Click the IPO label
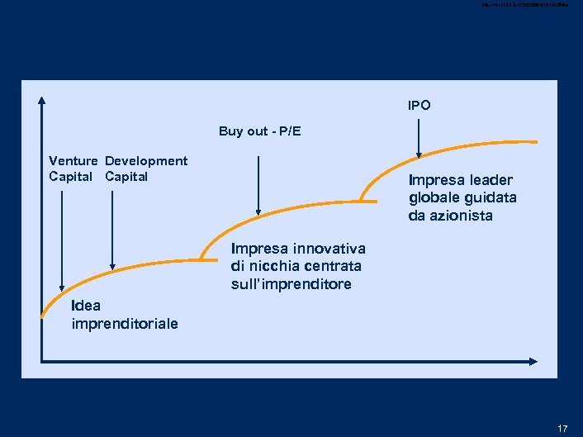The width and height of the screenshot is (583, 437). [419, 106]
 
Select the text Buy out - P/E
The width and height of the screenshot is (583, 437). [259, 131]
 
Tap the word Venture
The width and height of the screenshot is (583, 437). [73, 161]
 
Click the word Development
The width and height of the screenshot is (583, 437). [146, 161]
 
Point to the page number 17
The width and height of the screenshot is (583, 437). [562, 428]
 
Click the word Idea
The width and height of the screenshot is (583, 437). [87, 306]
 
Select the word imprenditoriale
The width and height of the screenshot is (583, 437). [125, 323]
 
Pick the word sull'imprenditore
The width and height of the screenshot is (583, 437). [291, 284]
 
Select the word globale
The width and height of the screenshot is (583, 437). [434, 198]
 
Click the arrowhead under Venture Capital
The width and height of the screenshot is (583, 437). [63, 283]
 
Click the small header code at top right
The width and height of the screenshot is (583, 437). [529, 6]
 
